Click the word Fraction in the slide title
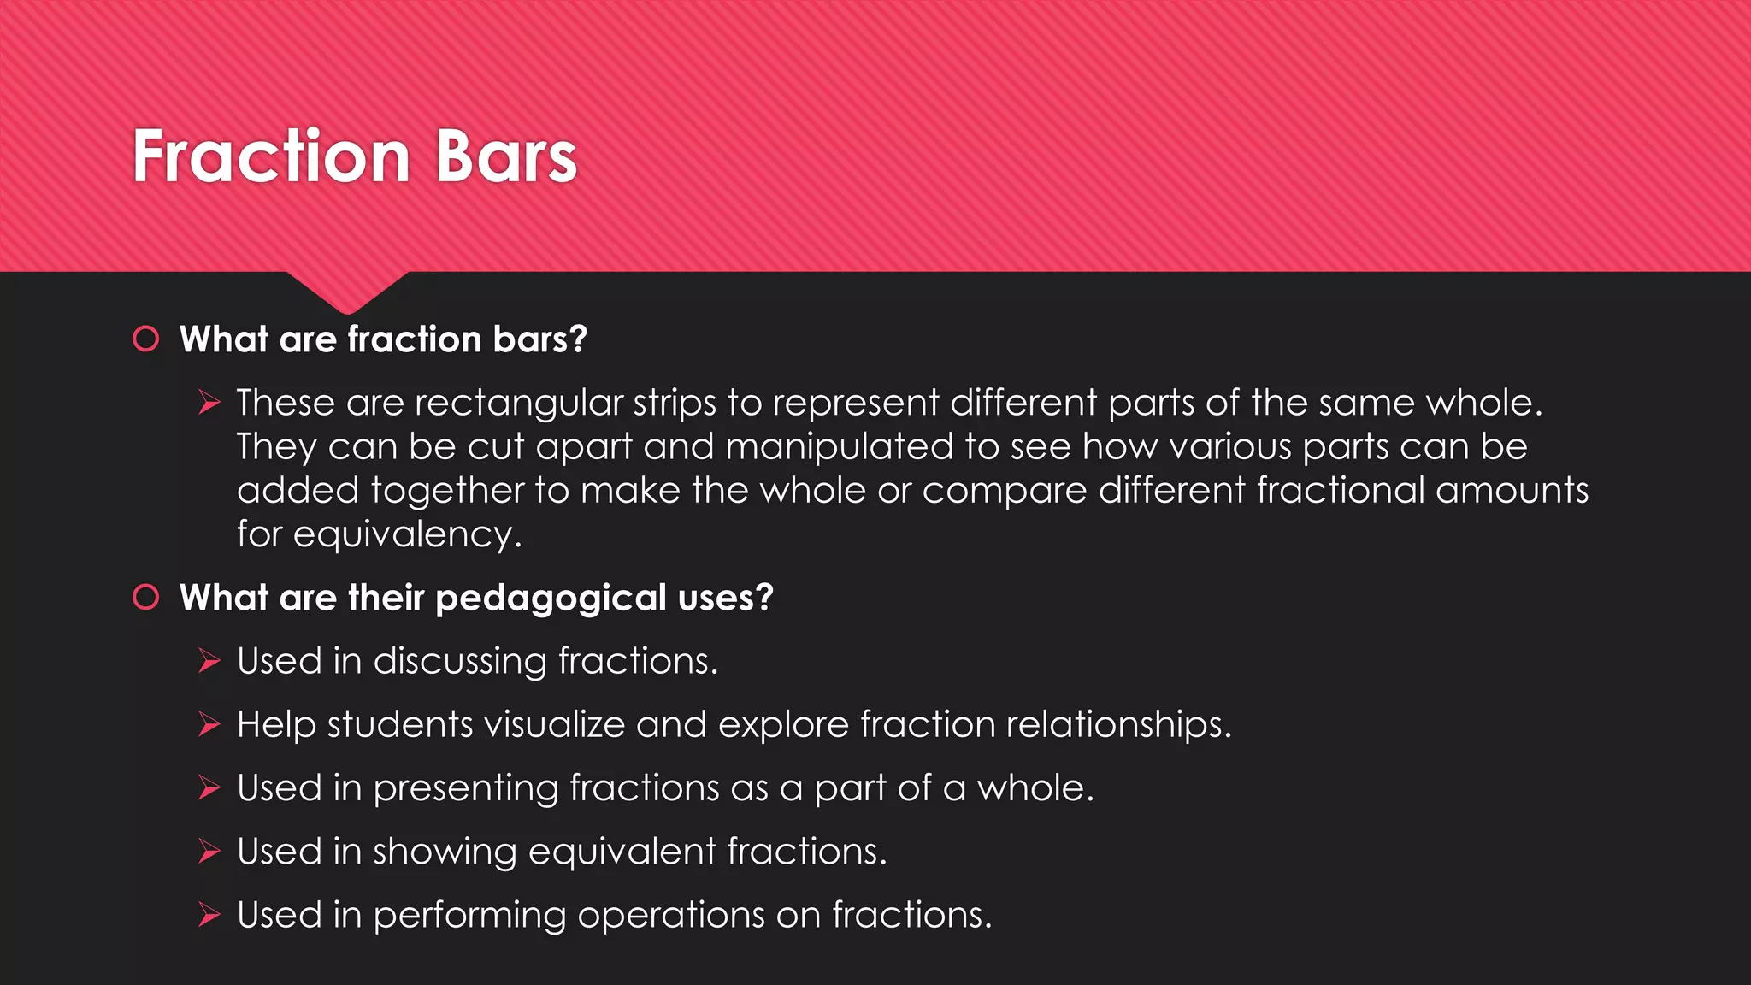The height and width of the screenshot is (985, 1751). point(272,156)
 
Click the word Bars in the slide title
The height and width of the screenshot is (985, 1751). point(506,156)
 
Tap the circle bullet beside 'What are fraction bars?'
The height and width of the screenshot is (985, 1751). point(146,339)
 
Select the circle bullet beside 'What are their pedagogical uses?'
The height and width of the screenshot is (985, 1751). point(146,597)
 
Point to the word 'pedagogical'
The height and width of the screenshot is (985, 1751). point(551,599)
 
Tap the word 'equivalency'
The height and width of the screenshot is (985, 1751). point(407,535)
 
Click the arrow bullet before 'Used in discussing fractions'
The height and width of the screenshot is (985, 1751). point(209,660)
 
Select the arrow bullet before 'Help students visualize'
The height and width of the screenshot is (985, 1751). point(209,724)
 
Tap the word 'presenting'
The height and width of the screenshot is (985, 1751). point(465,788)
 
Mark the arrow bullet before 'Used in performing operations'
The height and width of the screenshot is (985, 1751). point(209,915)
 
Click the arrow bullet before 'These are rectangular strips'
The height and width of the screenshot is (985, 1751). point(209,402)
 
